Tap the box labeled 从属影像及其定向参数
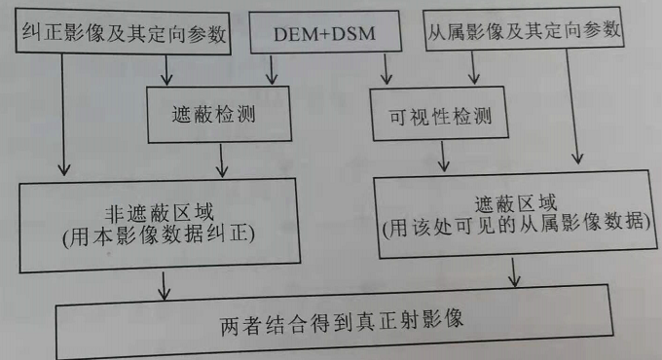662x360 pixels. click(524, 32)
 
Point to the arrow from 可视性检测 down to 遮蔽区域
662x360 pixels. click(443, 156)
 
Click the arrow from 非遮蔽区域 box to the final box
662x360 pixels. click(163, 283)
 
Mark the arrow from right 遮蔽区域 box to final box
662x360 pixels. click(514, 276)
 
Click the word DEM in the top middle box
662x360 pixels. click(293, 36)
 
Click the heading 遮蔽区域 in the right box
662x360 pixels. click(516, 204)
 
